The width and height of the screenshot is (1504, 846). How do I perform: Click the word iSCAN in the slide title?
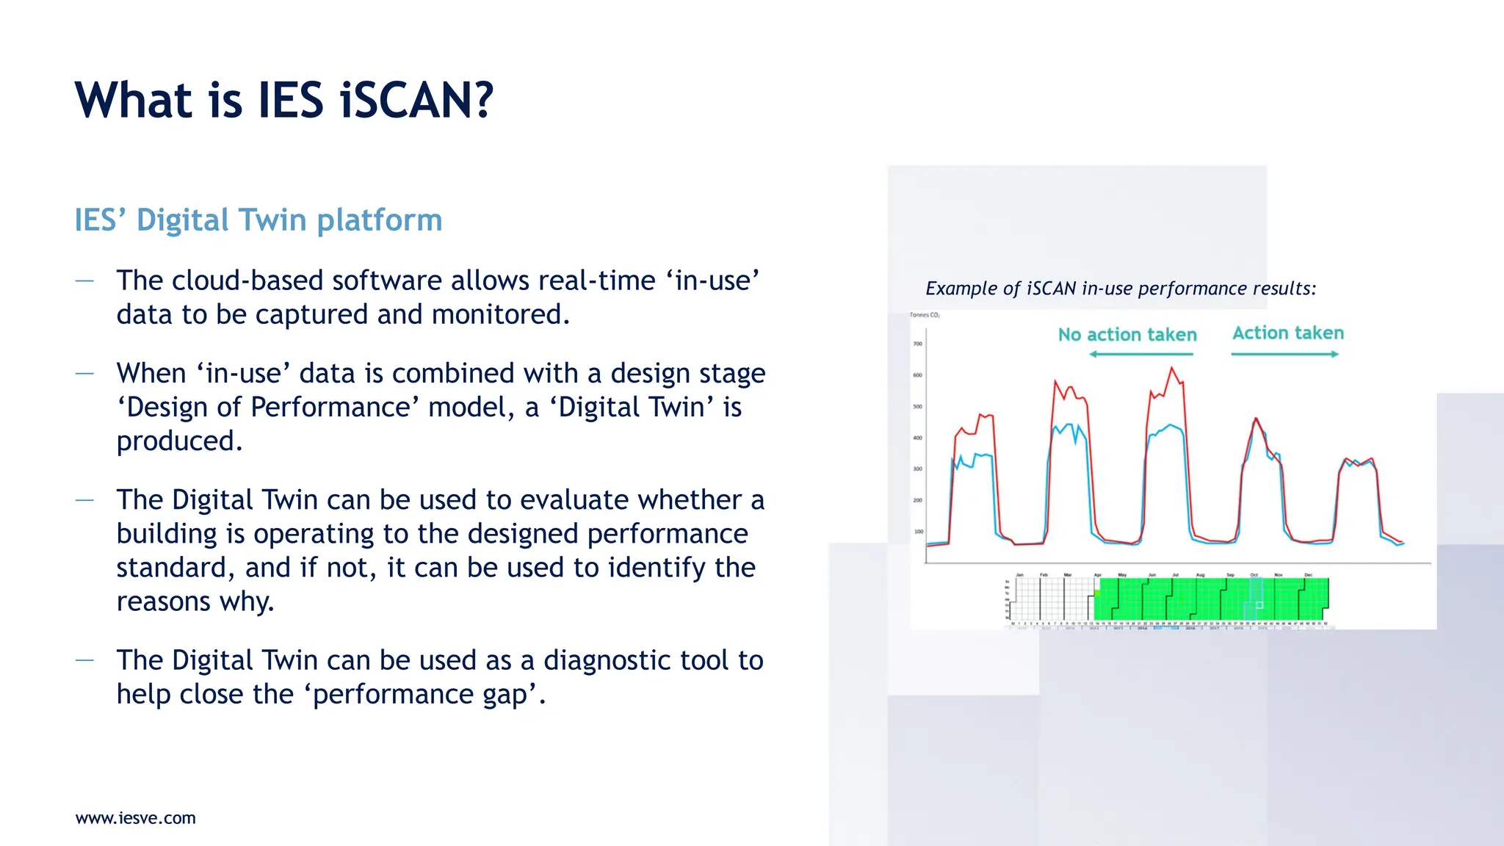[416, 101]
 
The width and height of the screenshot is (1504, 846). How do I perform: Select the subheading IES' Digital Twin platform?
[258, 220]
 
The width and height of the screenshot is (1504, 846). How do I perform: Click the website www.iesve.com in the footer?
[136, 818]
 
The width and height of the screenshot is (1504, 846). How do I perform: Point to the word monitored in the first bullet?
[499, 314]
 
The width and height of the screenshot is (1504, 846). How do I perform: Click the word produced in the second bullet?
[178, 441]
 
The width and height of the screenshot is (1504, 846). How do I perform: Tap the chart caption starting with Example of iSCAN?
[1121, 289]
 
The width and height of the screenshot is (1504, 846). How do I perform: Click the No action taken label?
[1127, 335]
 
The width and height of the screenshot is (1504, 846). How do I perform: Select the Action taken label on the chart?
[1288, 333]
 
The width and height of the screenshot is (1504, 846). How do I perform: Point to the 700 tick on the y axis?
[917, 344]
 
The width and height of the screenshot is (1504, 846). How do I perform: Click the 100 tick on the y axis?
[918, 532]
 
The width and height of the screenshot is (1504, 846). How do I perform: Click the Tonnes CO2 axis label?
[925, 315]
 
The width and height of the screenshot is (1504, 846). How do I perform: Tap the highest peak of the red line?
[1171, 368]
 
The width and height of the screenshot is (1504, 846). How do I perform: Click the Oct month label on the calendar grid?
[1254, 575]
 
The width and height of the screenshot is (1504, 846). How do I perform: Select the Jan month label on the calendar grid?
[1019, 575]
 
